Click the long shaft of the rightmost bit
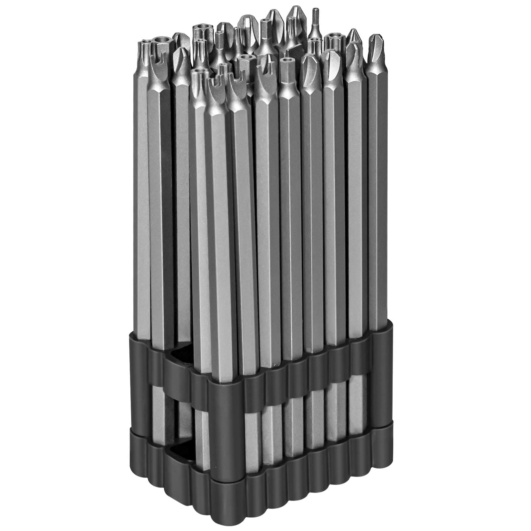coord(376,199)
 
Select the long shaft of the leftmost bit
coord(143,199)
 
